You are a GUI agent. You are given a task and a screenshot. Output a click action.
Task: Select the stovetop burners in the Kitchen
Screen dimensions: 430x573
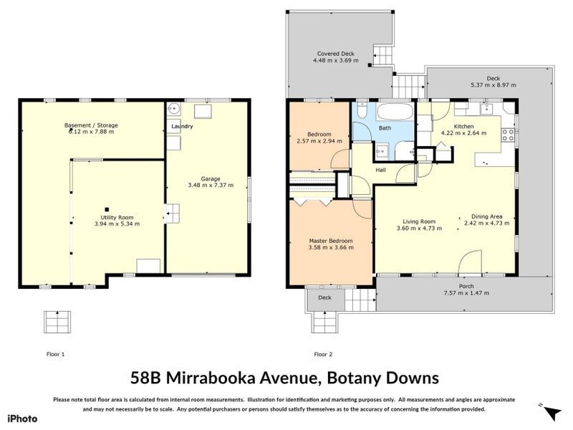(510, 133)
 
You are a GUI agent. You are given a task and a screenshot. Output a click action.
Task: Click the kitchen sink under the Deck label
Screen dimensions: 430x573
(487, 110)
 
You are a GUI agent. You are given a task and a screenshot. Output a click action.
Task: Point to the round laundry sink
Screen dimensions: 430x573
(173, 110)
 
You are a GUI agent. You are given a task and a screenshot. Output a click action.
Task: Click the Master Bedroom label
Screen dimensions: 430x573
(329, 240)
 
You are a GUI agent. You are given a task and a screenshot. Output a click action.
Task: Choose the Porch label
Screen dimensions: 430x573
(466, 286)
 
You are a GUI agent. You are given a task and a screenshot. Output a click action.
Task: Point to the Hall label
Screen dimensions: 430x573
(380, 170)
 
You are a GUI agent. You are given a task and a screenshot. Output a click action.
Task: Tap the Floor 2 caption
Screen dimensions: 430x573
(323, 354)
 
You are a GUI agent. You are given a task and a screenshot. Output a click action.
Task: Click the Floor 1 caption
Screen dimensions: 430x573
(55, 354)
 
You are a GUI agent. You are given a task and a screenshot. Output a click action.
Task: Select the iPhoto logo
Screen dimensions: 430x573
(22, 419)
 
